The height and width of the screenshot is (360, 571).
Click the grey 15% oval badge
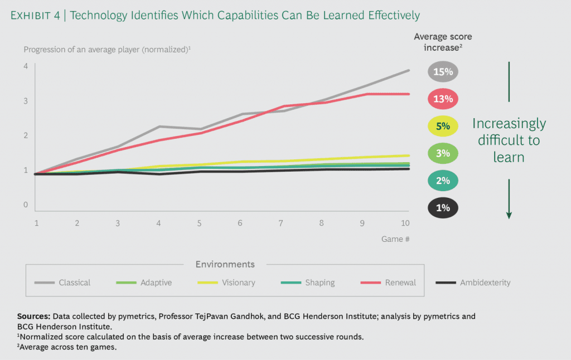(443, 72)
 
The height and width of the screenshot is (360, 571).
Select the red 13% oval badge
(443, 99)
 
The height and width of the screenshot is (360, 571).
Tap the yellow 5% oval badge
(443, 126)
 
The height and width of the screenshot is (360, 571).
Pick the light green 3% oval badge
(443, 153)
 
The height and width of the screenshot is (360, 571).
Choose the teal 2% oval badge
(443, 181)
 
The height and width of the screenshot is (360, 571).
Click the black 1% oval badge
(443, 208)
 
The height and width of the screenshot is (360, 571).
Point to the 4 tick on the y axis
(26, 66)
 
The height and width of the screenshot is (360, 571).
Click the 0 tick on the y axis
(26, 205)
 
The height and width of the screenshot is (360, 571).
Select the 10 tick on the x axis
(405, 223)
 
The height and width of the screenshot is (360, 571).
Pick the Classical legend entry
(62, 283)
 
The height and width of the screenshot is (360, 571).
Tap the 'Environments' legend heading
(225, 264)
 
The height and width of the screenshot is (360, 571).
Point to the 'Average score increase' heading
(442, 42)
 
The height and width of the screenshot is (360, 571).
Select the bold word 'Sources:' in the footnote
(36, 316)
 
